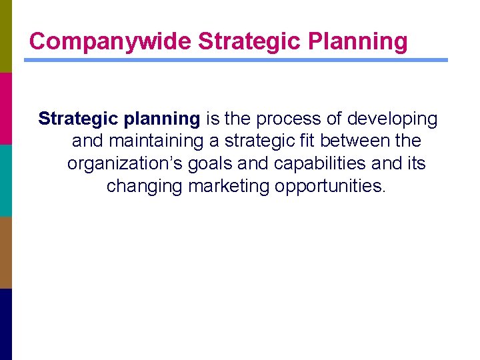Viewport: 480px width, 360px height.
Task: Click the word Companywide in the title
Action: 111,41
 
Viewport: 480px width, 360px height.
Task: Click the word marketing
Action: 229,185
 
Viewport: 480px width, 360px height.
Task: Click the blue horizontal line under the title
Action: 236,60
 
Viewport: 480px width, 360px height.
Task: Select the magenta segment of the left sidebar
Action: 5,108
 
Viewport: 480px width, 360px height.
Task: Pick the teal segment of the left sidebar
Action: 5,180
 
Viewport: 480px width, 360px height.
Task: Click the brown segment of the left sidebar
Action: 5,252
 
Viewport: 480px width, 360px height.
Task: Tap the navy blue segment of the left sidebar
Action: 5,324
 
